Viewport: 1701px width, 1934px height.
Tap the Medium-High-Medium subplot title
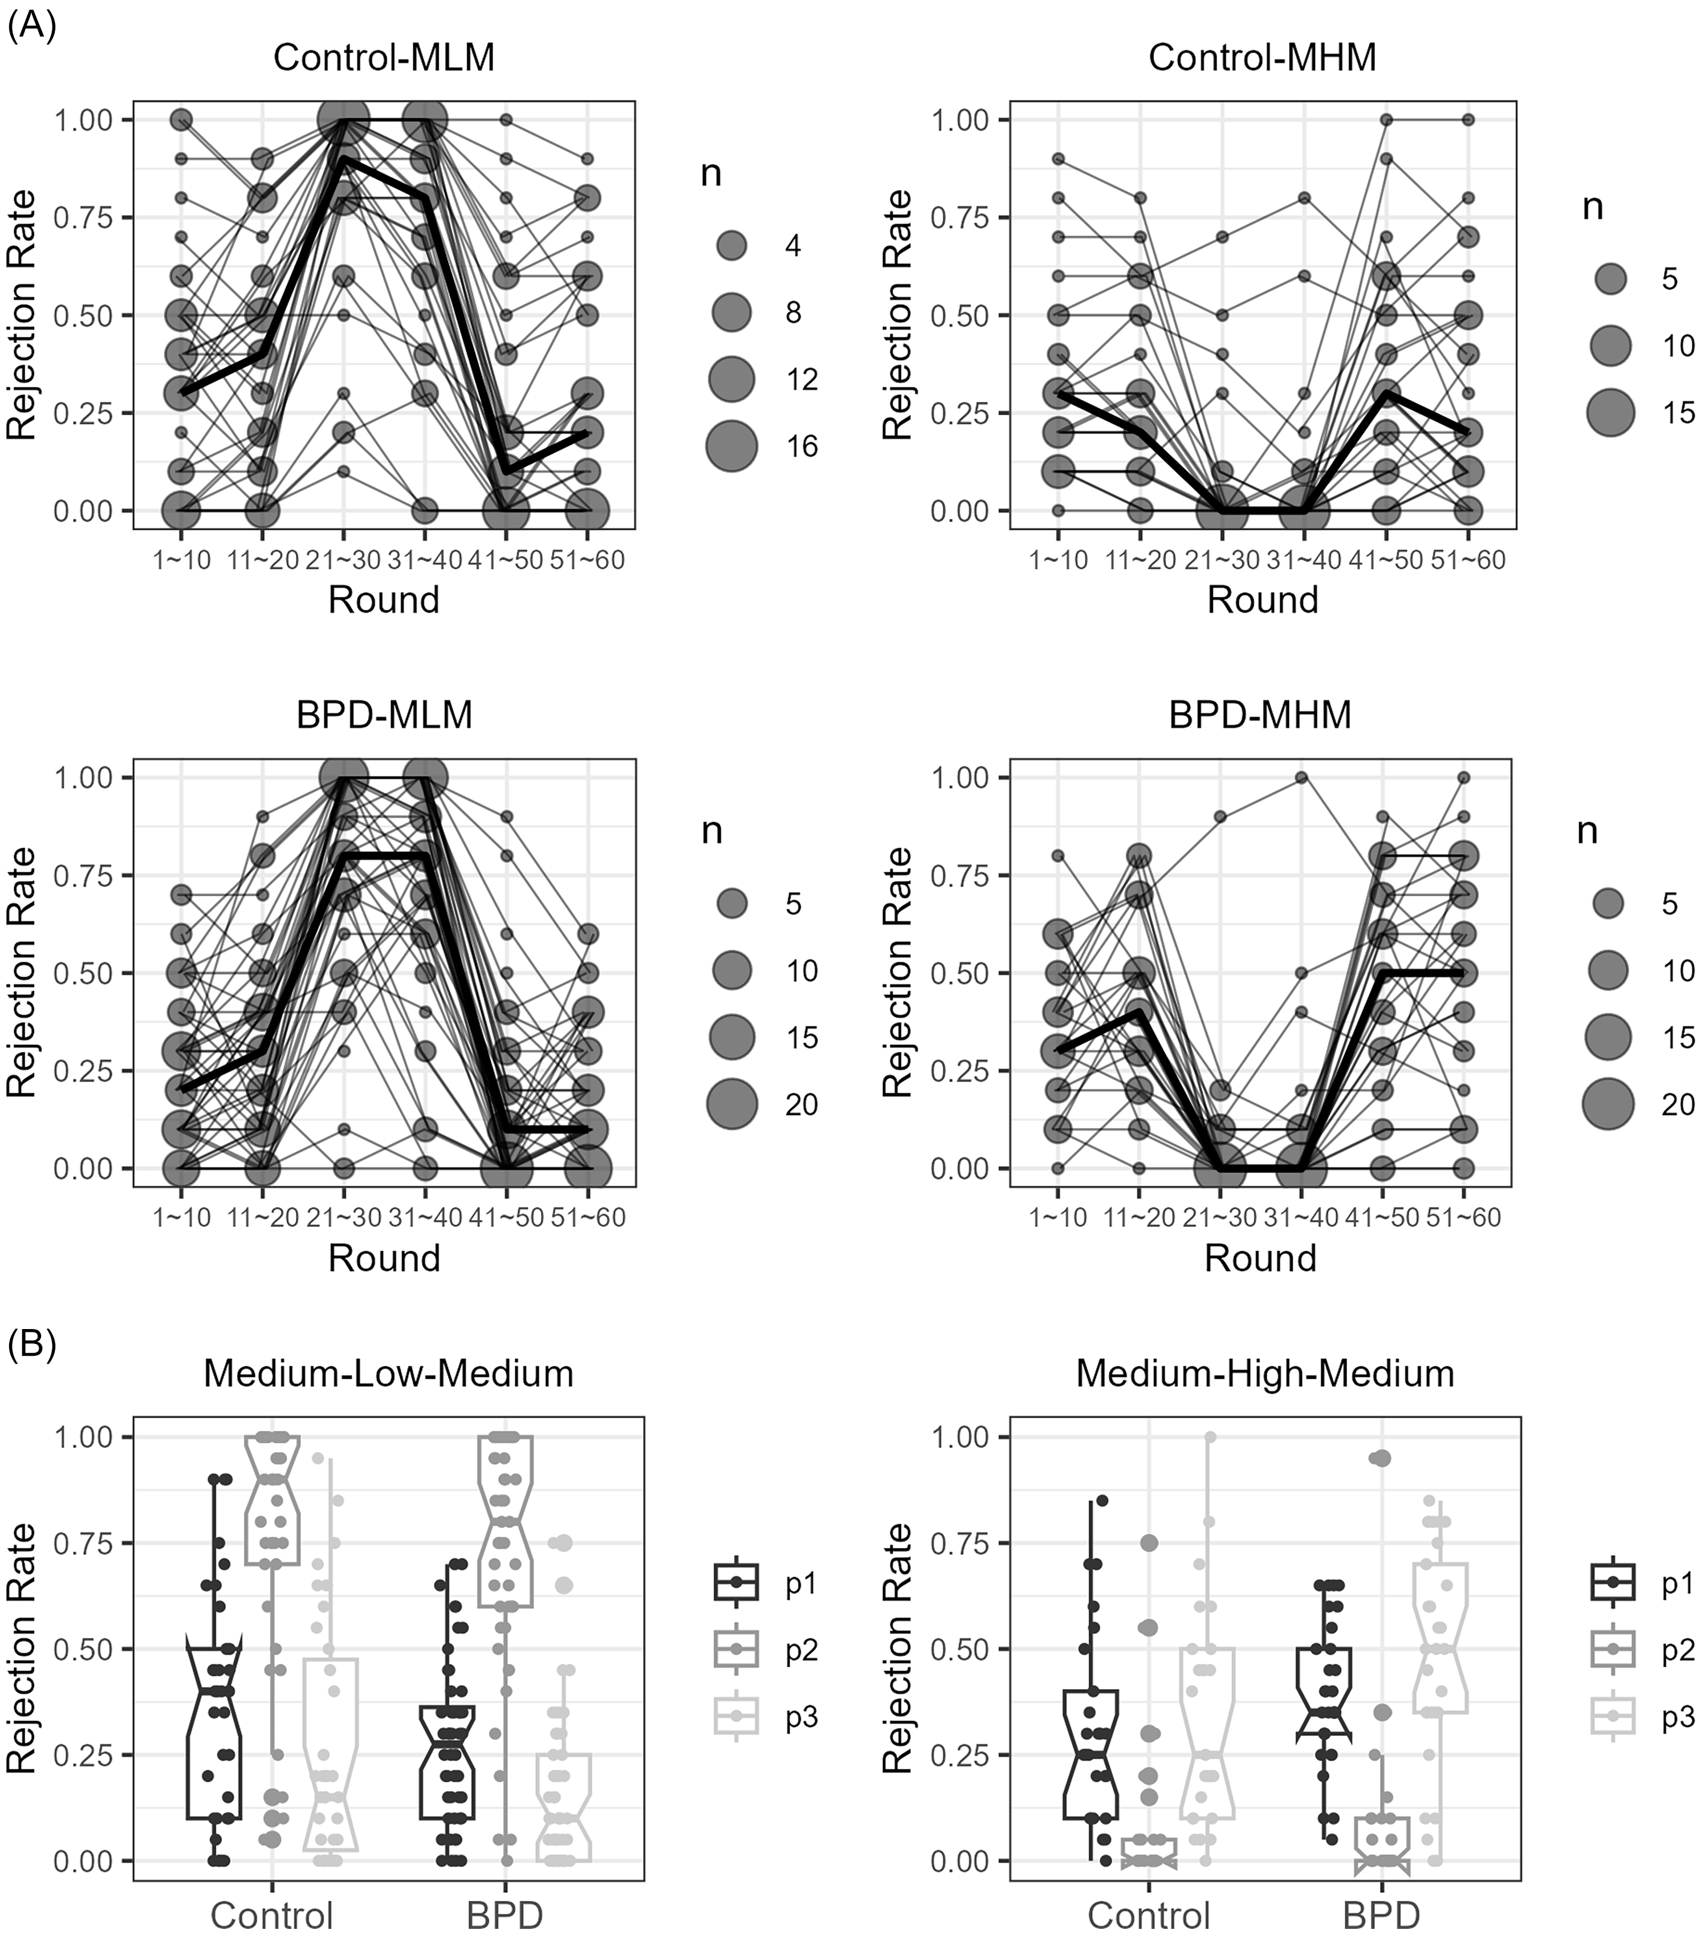[1265, 1373]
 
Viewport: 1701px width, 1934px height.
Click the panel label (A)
[31, 23]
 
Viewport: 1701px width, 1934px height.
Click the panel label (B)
[31, 1343]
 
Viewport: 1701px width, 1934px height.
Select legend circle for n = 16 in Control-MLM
[731, 446]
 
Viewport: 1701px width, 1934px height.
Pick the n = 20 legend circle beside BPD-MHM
[1608, 1104]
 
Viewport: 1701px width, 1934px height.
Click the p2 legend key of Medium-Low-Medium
[736, 1648]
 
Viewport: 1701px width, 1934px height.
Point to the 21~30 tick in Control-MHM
[1222, 560]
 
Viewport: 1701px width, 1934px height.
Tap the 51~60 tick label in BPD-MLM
[588, 1218]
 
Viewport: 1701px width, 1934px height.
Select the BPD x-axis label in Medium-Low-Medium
[505, 1916]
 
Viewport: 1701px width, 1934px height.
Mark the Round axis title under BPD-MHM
[1260, 1258]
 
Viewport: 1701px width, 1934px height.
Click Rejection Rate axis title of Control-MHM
[897, 315]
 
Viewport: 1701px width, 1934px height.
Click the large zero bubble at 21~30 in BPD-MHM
[1220, 1168]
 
